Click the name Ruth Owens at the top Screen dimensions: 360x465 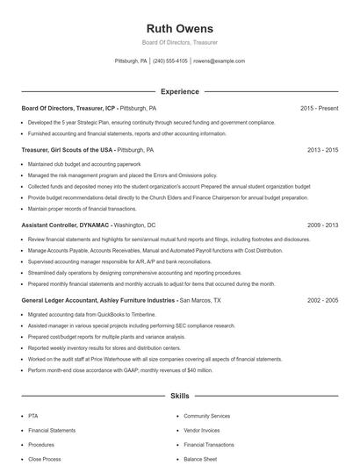(x=179, y=27)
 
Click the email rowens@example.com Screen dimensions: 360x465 (x=219, y=61)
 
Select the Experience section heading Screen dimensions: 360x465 (x=179, y=91)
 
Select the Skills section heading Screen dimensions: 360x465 (x=179, y=397)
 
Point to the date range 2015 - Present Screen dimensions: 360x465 (x=319, y=108)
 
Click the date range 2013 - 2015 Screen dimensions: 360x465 (x=322, y=150)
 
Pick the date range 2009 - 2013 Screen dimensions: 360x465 (x=322, y=225)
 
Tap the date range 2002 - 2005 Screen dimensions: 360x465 (x=322, y=300)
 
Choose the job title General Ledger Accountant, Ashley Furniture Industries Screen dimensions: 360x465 (x=98, y=300)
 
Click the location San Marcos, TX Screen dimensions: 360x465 (x=200, y=300)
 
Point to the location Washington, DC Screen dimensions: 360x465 (x=135, y=225)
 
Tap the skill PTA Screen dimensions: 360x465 (x=33, y=416)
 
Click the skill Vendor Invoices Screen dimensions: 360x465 (x=203, y=431)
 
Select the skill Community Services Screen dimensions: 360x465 (x=207, y=416)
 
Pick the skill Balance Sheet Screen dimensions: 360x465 (x=200, y=459)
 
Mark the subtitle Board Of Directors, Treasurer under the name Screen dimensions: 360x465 (x=179, y=42)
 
